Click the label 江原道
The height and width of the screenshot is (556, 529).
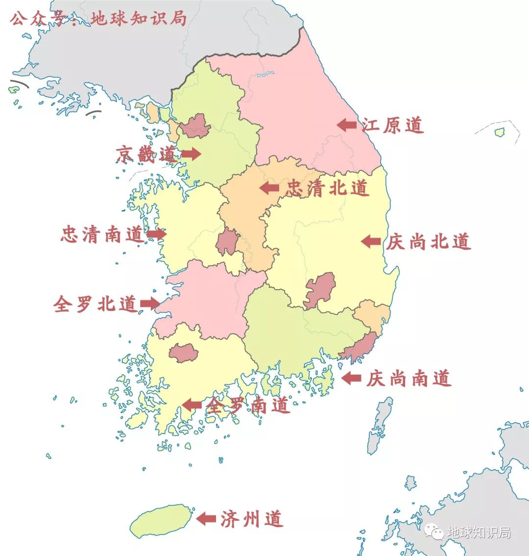[x=393, y=126]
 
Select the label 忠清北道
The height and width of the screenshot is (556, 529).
[x=327, y=188]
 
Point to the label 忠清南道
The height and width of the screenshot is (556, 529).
[x=102, y=234]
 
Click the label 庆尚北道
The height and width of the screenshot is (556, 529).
[x=428, y=242]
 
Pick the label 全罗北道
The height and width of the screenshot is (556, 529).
[x=95, y=304]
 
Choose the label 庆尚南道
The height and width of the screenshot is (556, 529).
[x=408, y=378]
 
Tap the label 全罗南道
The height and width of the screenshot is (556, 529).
[x=248, y=405]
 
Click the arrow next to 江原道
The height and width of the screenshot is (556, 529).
[x=347, y=125]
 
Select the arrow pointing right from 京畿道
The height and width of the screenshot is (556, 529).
[x=191, y=154]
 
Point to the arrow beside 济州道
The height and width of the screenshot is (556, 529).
[x=206, y=518]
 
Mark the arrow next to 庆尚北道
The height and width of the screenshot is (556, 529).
[x=371, y=241]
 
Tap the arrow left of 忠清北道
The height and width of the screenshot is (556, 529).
[x=269, y=188]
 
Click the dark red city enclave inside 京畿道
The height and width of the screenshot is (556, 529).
[x=195, y=126]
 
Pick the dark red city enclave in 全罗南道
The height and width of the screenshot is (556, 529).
[x=183, y=353]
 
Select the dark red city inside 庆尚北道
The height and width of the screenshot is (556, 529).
[x=319, y=289]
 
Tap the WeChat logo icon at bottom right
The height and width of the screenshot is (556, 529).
[x=434, y=531]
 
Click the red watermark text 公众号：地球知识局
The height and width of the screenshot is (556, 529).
[x=98, y=19]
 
